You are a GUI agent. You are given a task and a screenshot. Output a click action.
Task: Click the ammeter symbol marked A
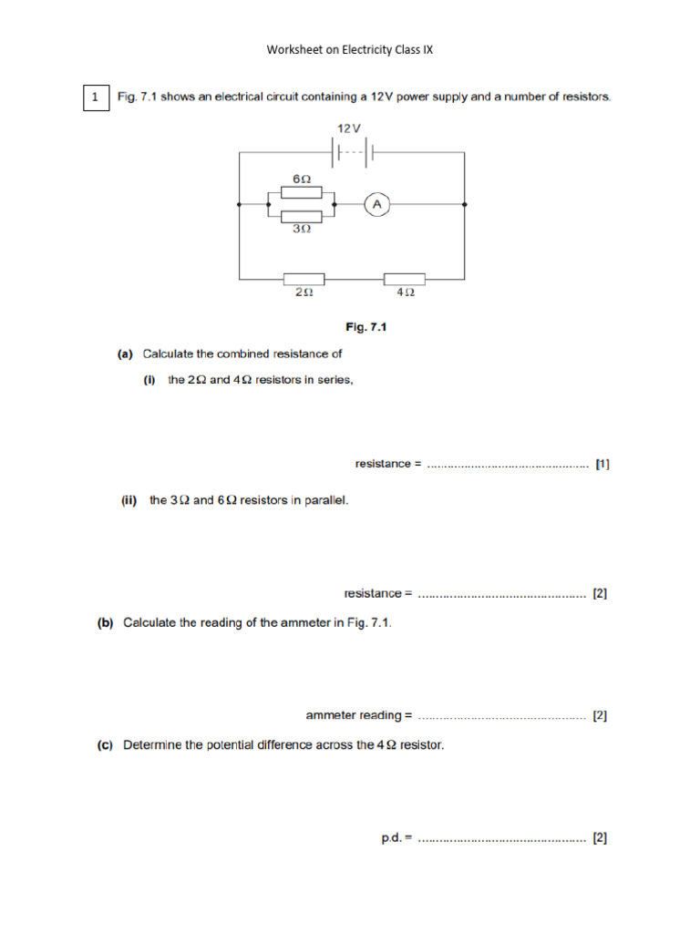tap(376, 206)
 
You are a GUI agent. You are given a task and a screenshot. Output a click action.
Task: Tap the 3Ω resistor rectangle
tap(301, 217)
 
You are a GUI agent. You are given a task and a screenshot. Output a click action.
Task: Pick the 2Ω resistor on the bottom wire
tap(304, 278)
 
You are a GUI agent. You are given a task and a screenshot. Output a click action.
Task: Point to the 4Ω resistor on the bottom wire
tap(405, 278)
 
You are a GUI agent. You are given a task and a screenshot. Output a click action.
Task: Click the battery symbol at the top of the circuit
tap(352, 152)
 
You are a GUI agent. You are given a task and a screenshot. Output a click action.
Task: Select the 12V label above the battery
tap(350, 128)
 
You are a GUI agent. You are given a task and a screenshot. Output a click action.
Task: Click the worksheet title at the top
tap(349, 49)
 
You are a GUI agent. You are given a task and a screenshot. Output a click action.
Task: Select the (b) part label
tap(106, 623)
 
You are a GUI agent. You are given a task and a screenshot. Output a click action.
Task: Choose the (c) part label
tap(106, 744)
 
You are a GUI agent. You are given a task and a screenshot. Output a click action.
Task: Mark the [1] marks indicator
tap(602, 464)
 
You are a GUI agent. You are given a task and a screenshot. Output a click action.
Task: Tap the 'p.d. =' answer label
tap(396, 836)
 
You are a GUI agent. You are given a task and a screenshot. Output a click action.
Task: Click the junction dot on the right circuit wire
tap(465, 206)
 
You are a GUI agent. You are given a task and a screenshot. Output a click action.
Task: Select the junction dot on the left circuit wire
tap(239, 206)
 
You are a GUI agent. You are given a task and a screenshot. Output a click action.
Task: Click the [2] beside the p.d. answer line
tap(600, 836)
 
